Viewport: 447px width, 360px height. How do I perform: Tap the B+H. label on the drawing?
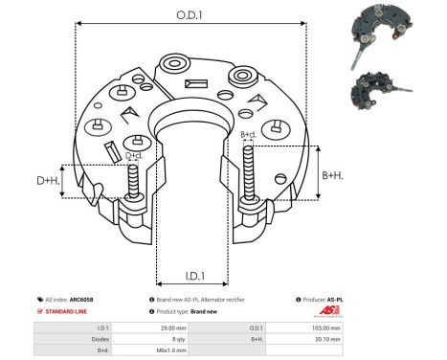[x=332, y=175]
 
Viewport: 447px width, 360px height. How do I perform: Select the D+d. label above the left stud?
[x=134, y=154]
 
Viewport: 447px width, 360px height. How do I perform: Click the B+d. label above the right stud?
[x=249, y=135]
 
